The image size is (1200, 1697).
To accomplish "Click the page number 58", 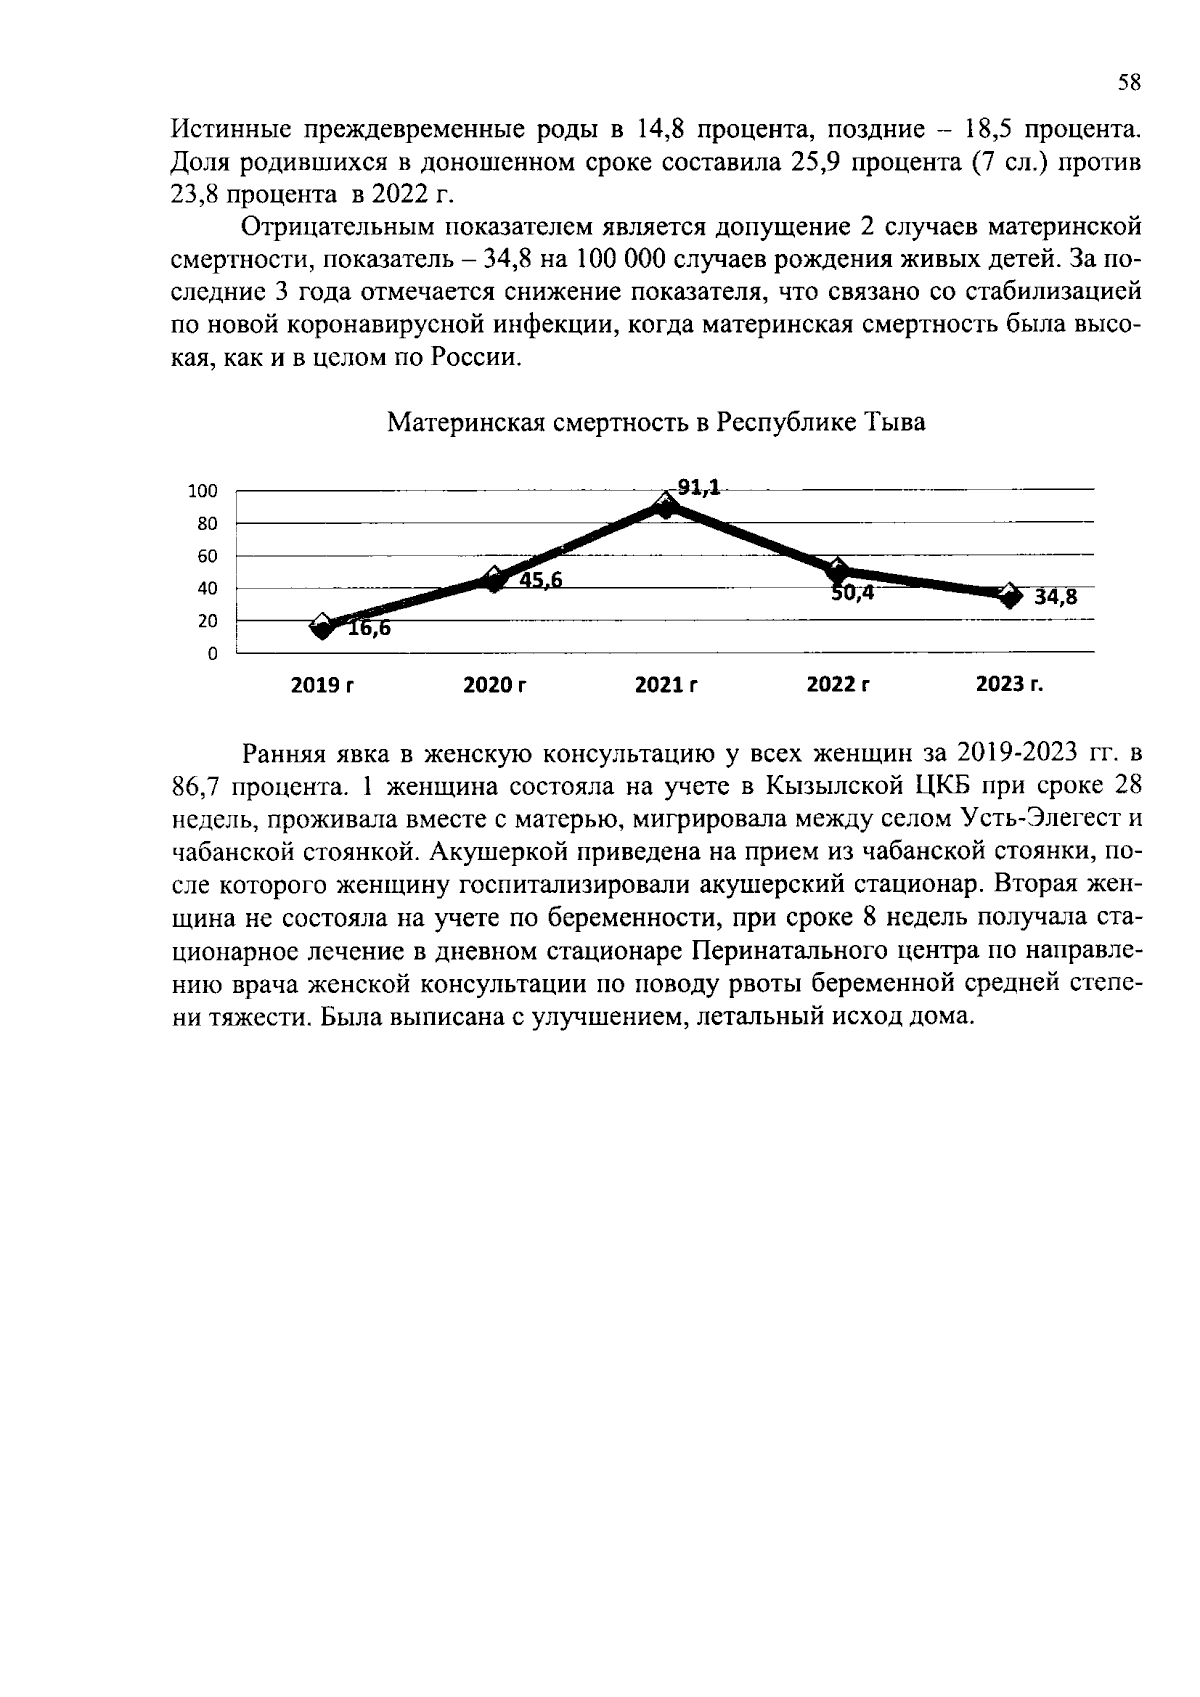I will [x=1128, y=84].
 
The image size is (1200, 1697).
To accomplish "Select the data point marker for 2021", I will [x=666, y=506].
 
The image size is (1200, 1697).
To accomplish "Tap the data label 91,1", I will [x=698, y=487].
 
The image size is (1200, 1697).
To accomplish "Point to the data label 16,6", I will [x=369, y=630].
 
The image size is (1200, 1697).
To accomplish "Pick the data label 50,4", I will [x=853, y=592].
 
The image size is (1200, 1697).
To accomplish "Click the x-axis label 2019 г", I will [x=322, y=685].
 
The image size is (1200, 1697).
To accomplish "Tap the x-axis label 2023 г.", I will [x=1009, y=685].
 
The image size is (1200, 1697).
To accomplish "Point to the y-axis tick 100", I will [x=203, y=491].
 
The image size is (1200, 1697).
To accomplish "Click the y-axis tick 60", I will [x=207, y=556].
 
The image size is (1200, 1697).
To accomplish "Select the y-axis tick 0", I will [x=212, y=654].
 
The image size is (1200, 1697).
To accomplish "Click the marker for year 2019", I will [x=322, y=627].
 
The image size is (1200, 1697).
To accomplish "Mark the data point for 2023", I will [x=1010, y=596].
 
